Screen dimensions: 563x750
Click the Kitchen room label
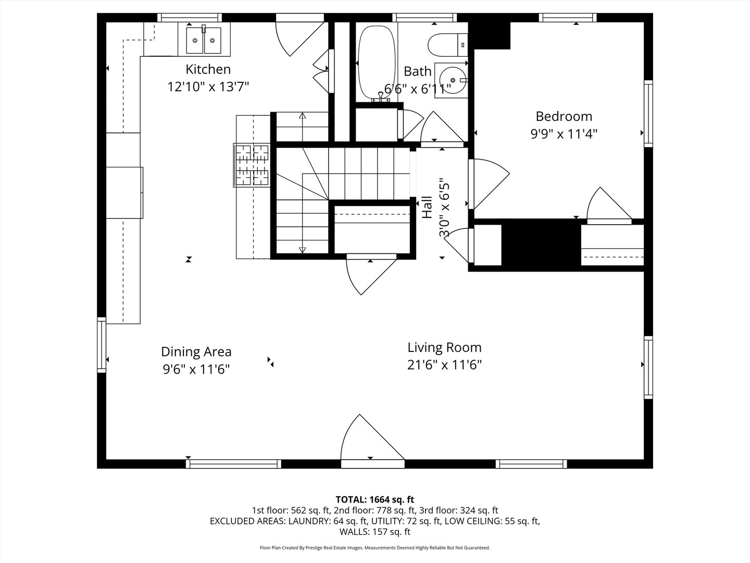point(208,69)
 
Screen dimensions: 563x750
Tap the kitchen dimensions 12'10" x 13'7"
point(208,87)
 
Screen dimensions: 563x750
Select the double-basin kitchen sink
point(204,40)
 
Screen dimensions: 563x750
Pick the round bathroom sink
point(452,80)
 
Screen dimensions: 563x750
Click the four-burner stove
point(252,165)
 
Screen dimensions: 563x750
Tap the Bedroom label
point(564,116)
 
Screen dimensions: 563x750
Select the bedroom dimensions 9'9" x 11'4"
point(564,134)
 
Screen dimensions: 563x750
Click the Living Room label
point(444,347)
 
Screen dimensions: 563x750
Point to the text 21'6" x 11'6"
point(444,365)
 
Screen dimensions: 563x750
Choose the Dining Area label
point(196,351)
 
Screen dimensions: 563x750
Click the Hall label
point(427,207)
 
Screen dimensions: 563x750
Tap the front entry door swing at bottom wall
point(371,440)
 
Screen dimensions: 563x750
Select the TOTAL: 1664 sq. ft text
point(375,499)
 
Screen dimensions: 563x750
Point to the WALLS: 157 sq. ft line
point(375,532)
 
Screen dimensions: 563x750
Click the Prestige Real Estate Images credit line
point(375,548)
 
